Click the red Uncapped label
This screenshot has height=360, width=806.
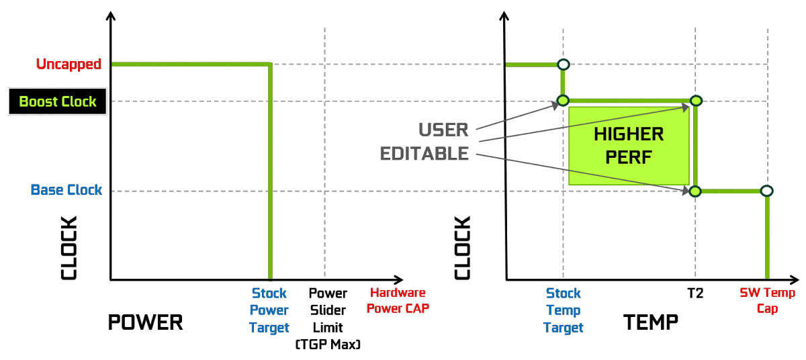coord(69,64)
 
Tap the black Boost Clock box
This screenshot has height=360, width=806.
coord(57,102)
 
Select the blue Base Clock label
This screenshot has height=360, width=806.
coord(66,190)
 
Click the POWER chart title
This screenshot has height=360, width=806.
coord(145,322)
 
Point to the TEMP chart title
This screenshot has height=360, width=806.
coord(651,322)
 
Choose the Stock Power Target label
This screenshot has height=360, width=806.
coord(269,310)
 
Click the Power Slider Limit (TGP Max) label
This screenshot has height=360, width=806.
coord(328,319)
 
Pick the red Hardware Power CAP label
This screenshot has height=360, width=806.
coord(398,300)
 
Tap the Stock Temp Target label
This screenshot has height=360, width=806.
coord(564,310)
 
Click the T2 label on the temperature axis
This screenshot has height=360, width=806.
coord(695,294)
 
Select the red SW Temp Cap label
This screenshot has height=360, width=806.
coord(767,300)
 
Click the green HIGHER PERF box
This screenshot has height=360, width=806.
coord(629,145)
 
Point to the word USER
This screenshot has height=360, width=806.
coord(443,129)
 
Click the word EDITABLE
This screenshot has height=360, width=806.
coord(424,154)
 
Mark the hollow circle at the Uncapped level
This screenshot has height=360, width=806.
coord(563,64)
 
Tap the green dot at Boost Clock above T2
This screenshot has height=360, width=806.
coord(696,101)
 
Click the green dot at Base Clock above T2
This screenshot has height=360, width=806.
coord(696,191)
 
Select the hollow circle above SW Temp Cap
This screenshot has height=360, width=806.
coord(767,191)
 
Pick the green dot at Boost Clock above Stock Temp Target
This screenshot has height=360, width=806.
coord(563,101)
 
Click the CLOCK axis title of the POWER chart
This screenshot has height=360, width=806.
coord(70,248)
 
